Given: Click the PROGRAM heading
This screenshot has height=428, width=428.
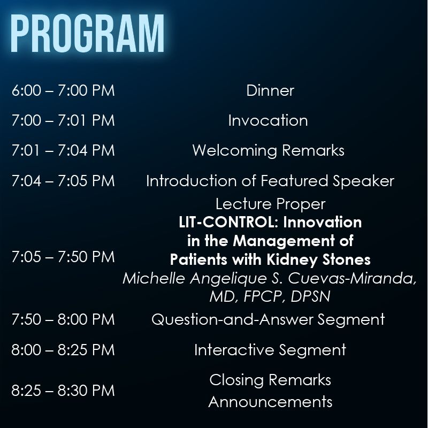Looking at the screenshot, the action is click(x=87, y=33).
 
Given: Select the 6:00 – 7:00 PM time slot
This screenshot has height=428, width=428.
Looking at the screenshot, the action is click(x=63, y=90).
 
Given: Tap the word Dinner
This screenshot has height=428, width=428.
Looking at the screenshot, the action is click(x=270, y=90).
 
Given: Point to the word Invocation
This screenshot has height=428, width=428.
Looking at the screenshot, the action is click(x=268, y=120).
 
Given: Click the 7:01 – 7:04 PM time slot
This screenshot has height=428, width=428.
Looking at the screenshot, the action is click(x=63, y=150).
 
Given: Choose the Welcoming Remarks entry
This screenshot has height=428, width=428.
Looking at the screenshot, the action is click(x=269, y=150).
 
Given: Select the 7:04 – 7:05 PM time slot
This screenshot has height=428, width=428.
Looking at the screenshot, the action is click(x=63, y=181).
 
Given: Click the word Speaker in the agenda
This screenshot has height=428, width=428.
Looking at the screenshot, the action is click(x=363, y=181).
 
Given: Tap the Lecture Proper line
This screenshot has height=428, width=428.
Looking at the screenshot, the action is click(x=271, y=204).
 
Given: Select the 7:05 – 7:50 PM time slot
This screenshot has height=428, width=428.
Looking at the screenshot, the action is click(x=63, y=257).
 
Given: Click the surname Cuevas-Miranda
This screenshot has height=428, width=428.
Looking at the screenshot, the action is click(x=352, y=279).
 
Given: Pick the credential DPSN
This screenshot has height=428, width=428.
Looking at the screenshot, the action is click(x=311, y=296).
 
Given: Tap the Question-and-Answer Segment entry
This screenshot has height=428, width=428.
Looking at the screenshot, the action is click(x=268, y=319).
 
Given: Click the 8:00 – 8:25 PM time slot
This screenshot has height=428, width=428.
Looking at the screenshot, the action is click(x=63, y=350).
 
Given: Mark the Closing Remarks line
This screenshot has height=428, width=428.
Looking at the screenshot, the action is click(x=270, y=380).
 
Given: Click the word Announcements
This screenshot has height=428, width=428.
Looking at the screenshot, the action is click(x=270, y=402).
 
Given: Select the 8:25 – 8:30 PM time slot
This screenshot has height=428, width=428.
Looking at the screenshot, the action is click(x=63, y=391).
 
